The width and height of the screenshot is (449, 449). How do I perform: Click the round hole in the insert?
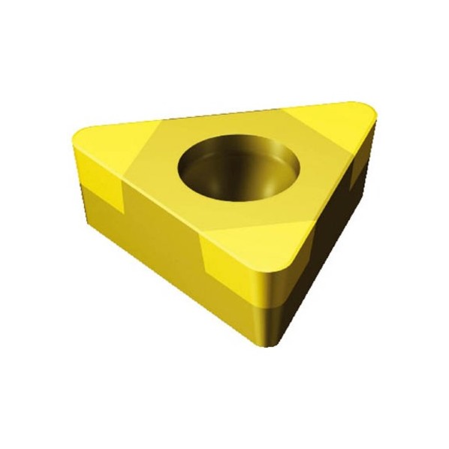(239, 166)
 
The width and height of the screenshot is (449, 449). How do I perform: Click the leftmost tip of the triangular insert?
(75, 150)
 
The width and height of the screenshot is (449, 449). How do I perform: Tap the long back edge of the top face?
(225, 114)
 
